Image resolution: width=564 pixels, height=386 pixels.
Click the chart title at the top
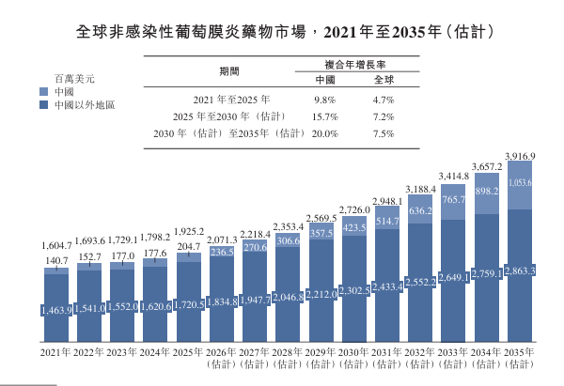point(285,32)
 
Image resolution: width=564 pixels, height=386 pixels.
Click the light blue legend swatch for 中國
point(43,92)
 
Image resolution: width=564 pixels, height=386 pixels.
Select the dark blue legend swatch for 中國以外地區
point(43,105)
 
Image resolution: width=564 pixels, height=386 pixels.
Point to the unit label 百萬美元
point(74,79)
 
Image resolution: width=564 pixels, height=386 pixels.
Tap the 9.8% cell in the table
point(324,100)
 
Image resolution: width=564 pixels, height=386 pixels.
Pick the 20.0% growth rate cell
point(325,133)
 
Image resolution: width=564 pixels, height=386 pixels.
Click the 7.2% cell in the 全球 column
point(384,116)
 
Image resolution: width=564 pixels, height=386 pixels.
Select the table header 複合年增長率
point(355,65)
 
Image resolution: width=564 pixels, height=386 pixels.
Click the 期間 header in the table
point(229,71)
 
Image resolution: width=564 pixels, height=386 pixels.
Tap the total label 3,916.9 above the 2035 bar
point(520,156)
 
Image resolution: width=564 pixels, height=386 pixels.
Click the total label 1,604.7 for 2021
point(56,246)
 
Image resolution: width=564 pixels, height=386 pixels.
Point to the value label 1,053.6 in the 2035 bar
point(520,182)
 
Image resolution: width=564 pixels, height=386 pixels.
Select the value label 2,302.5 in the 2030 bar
point(354,290)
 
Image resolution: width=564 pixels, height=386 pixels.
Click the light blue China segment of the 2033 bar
point(453,202)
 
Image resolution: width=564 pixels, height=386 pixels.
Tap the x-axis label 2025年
point(187,352)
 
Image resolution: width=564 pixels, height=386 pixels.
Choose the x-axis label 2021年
point(55,352)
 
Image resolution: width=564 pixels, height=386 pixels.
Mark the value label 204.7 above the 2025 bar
point(189,247)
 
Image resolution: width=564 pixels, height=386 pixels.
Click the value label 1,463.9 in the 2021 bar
point(56,310)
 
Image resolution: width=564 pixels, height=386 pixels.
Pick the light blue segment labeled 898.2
point(487,193)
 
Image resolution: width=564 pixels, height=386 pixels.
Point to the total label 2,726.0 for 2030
point(354,209)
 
